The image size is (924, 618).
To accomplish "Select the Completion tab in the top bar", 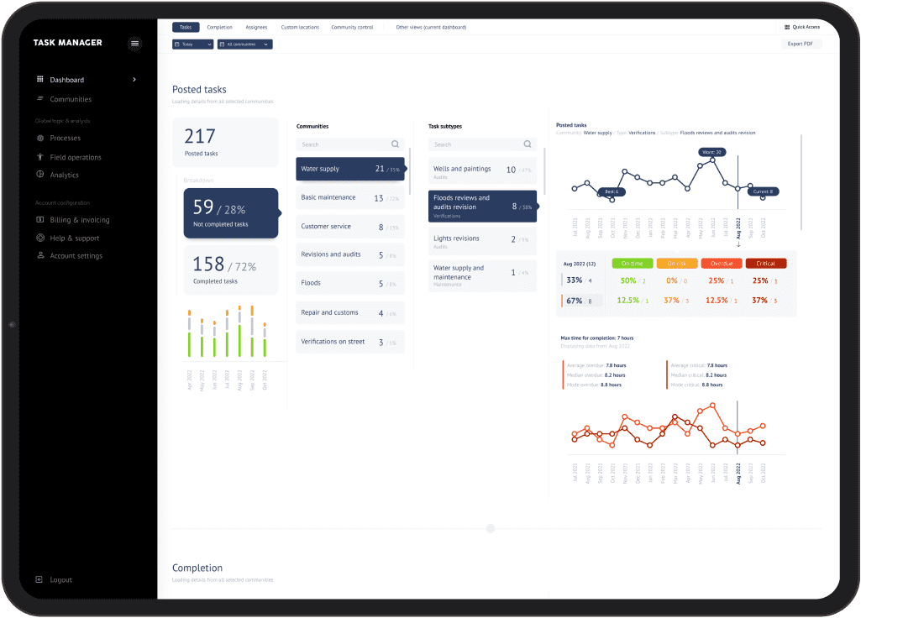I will click(x=219, y=28).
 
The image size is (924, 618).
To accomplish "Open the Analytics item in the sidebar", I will click(x=64, y=175).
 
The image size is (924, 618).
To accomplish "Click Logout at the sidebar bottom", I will click(x=60, y=579).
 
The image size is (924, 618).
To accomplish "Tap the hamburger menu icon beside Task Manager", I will click(x=135, y=43).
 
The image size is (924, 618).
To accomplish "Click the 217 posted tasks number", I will click(x=200, y=136).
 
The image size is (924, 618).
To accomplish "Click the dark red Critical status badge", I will click(x=765, y=264).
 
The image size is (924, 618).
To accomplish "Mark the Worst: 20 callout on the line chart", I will click(x=711, y=152).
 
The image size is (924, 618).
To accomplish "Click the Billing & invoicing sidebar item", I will click(x=79, y=220).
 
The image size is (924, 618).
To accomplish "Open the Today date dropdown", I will click(x=192, y=44).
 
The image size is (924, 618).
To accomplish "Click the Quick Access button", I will click(x=801, y=27).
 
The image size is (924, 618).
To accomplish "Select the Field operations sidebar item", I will click(x=75, y=157).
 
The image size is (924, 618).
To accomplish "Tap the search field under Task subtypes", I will click(x=482, y=144).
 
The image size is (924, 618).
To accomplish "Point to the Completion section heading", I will click(x=197, y=568).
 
